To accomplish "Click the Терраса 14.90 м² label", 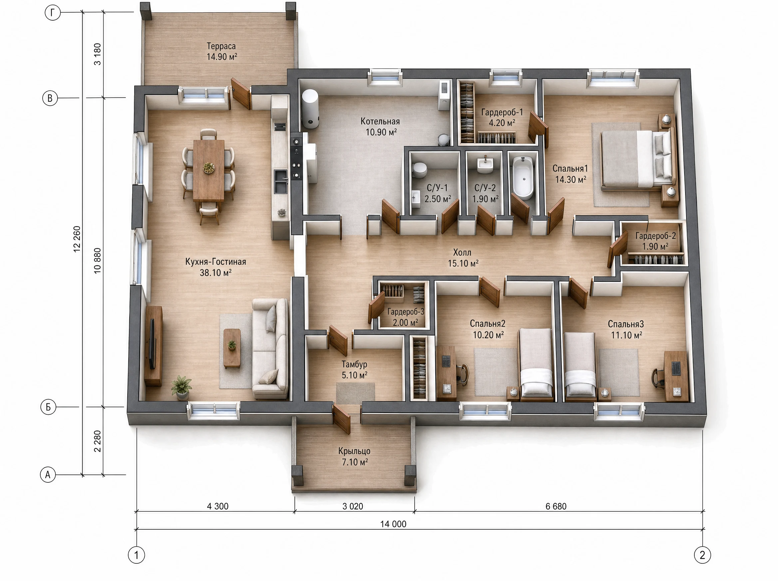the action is pyautogui.click(x=221, y=51).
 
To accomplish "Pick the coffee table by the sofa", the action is pyautogui.click(x=232, y=348).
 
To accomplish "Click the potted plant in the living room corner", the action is pyautogui.click(x=182, y=387).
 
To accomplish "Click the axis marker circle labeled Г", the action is pyautogui.click(x=53, y=13).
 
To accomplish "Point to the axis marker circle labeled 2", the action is pyautogui.click(x=702, y=555).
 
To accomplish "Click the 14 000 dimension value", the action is pyautogui.click(x=393, y=524).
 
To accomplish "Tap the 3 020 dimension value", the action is pyautogui.click(x=353, y=506).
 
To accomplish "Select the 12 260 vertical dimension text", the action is pyautogui.click(x=77, y=239).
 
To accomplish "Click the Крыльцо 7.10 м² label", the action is pyautogui.click(x=354, y=456).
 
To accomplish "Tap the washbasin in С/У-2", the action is pyautogui.click(x=486, y=165).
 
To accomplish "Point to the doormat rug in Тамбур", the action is pyautogui.click(x=355, y=393).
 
